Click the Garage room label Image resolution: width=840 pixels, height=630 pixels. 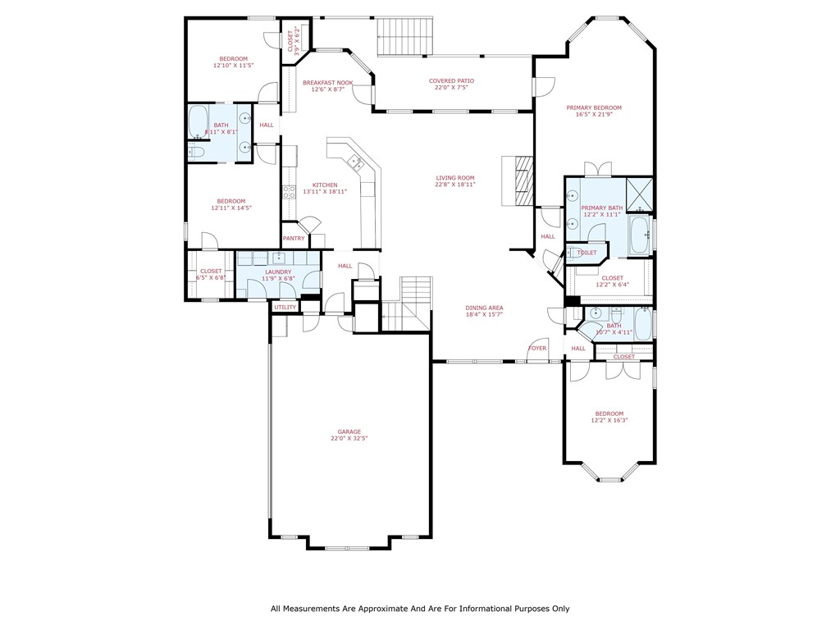click(349, 431)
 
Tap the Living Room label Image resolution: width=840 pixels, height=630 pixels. click(454, 178)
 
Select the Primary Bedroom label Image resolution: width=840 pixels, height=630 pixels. click(593, 107)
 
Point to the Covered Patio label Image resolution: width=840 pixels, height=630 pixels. click(451, 80)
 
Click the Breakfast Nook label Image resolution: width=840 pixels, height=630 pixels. click(327, 83)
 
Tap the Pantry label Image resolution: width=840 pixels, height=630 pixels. click(294, 239)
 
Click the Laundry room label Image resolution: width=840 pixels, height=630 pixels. click(278, 272)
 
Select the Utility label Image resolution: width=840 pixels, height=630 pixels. click(285, 308)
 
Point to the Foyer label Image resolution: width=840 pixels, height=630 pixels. click(537, 348)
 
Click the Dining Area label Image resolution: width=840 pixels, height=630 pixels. click(484, 308)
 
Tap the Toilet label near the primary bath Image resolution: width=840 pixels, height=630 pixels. click(587, 253)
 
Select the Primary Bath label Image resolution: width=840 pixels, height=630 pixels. click(602, 208)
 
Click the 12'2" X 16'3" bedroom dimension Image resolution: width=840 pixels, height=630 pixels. click(609, 420)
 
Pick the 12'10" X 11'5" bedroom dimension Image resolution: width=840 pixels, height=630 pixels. click(233, 65)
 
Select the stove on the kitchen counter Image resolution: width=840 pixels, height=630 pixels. click(289, 192)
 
